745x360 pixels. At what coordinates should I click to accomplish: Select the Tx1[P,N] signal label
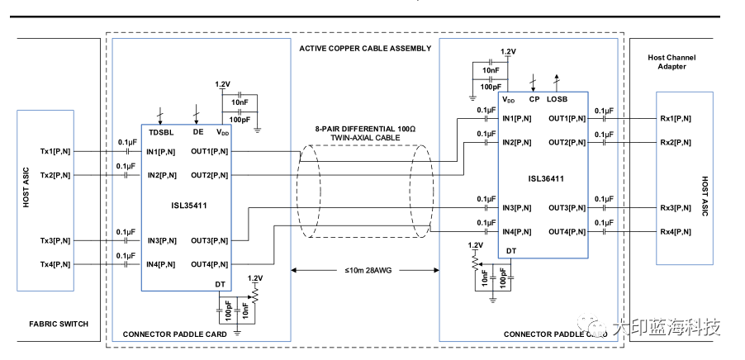pyautogui.click(x=55, y=152)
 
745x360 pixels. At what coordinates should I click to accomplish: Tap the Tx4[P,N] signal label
pyautogui.click(x=55, y=264)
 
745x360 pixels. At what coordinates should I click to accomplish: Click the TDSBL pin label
pyautogui.click(x=160, y=131)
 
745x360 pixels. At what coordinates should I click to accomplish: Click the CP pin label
pyautogui.click(x=534, y=99)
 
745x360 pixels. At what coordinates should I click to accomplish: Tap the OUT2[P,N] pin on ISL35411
pyautogui.click(x=210, y=175)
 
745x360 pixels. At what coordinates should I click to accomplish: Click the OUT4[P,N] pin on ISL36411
pyautogui.click(x=567, y=232)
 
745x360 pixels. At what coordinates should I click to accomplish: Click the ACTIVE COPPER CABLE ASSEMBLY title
pyautogui.click(x=365, y=49)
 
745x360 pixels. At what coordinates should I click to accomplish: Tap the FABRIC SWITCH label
pyautogui.click(x=58, y=324)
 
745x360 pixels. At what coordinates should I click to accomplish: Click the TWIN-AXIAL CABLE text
pyautogui.click(x=364, y=140)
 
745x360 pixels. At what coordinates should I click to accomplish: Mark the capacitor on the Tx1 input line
pyautogui.click(x=126, y=152)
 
